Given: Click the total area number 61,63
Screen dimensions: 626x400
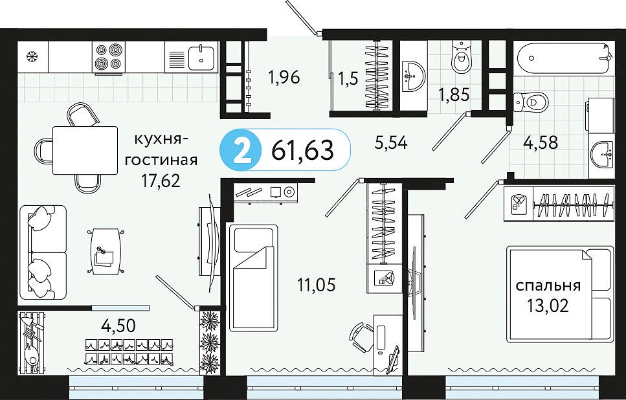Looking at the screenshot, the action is tap(302, 151).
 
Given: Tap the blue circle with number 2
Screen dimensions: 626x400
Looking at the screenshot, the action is tap(241, 151).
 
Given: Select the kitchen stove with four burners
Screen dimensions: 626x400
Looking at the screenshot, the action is tap(109, 57).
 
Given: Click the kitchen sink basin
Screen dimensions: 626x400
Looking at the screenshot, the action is tap(201, 58).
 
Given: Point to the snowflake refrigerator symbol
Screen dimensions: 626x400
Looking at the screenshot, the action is tap(32, 57).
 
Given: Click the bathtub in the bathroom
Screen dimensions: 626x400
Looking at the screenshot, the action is tap(563, 58).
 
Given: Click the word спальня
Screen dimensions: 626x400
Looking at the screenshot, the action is tap(548, 286).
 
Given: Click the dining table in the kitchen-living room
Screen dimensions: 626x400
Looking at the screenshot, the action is tap(85, 151).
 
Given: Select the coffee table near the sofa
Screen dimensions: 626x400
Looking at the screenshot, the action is tap(105, 251).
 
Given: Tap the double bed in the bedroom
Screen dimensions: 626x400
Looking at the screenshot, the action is tap(560, 294).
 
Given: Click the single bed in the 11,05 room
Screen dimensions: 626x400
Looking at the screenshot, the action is tap(253, 277).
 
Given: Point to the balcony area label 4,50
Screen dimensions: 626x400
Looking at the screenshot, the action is tap(118, 326).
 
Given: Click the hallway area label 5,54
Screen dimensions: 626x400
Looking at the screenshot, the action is tap(391, 142).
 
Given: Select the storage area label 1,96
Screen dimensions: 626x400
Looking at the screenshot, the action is tap(284, 78).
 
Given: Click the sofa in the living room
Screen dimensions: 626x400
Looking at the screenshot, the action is tap(43, 252).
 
